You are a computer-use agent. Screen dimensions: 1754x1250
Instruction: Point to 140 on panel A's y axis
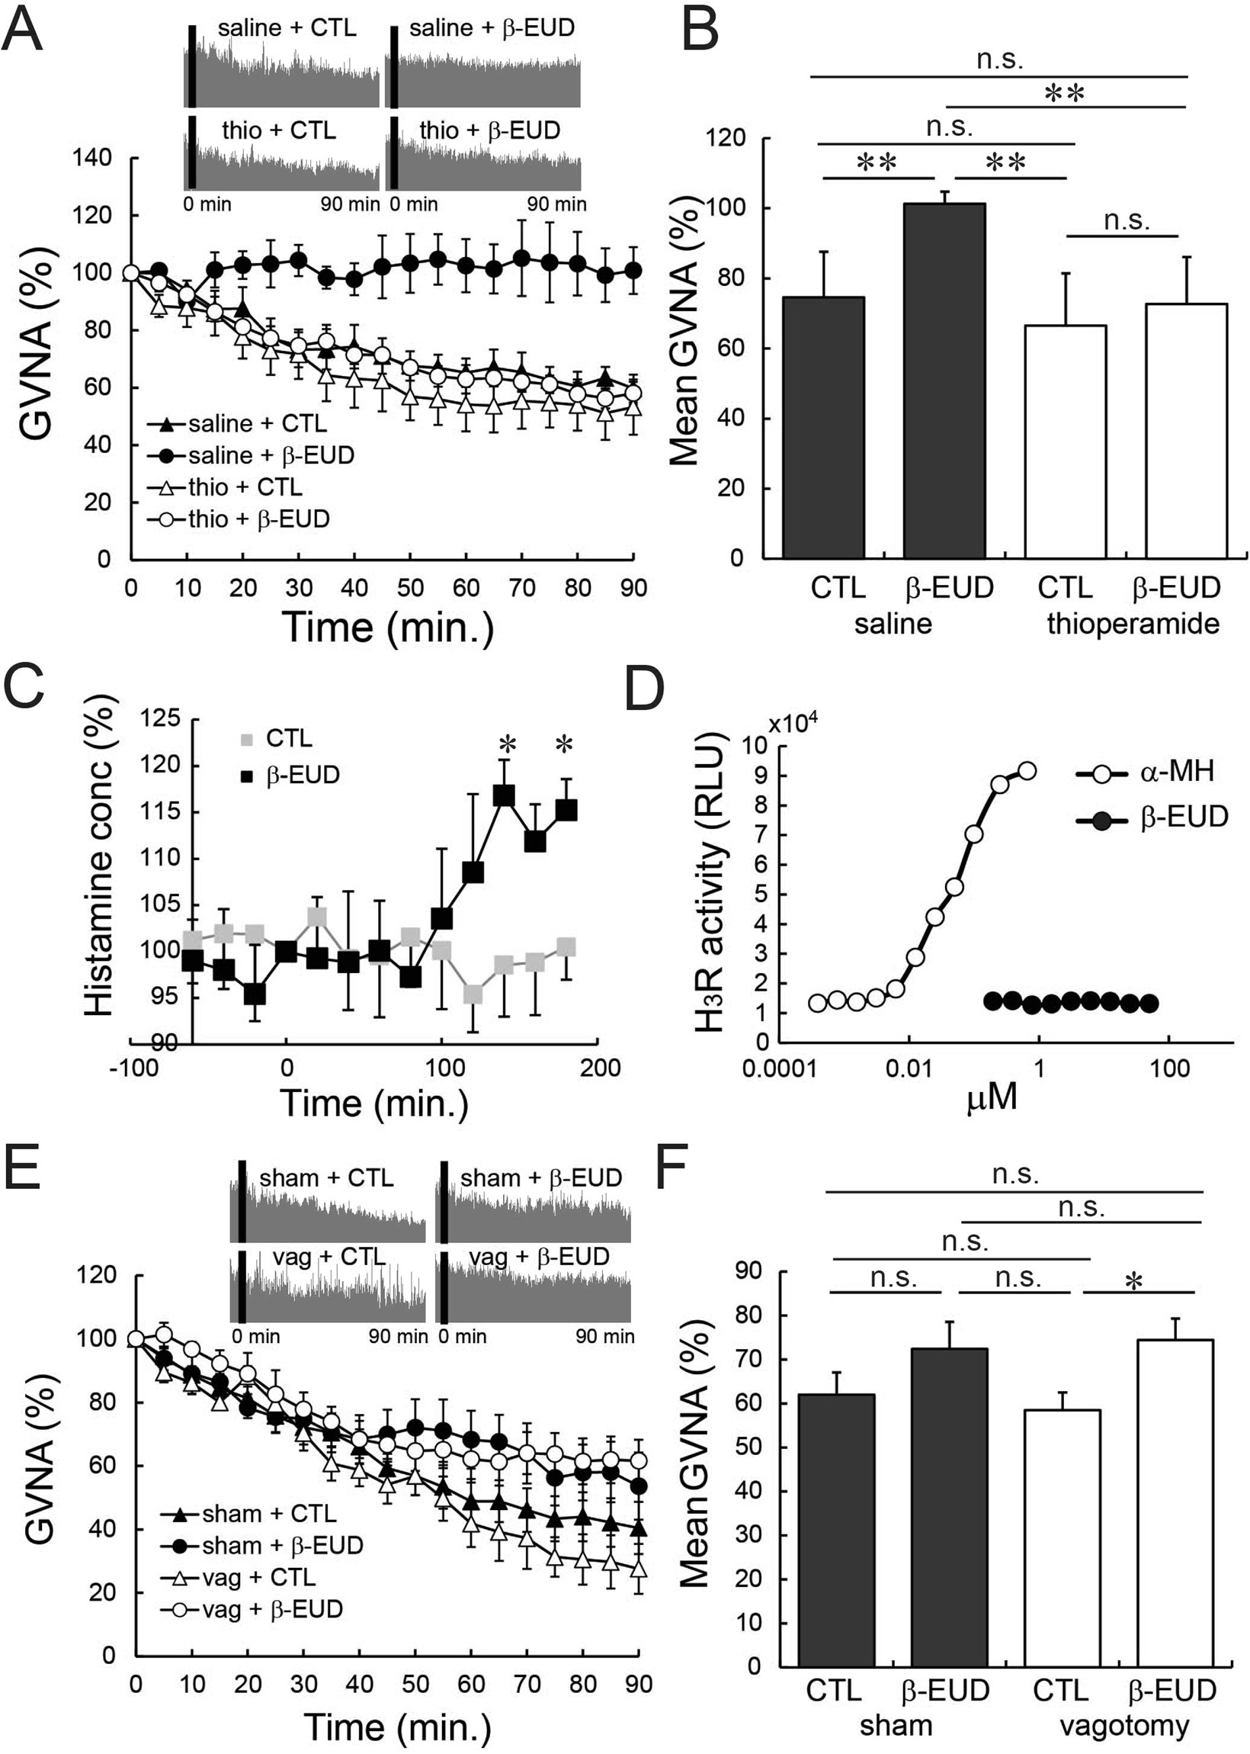pyautogui.click(x=91, y=158)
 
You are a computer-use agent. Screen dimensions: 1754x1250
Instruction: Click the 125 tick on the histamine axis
pyautogui.click(x=161, y=719)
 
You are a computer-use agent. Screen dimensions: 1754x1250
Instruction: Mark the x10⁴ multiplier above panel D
pyautogui.click(x=793, y=724)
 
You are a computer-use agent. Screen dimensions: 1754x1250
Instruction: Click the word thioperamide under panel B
pyautogui.click(x=1133, y=623)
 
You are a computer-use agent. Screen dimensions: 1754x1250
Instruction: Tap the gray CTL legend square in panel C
pyautogui.click(x=247, y=739)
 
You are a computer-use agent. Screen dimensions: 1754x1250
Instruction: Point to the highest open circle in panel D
pyautogui.click(x=1027, y=771)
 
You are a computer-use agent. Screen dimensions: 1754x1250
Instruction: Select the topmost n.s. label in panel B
pyautogui.click(x=999, y=60)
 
